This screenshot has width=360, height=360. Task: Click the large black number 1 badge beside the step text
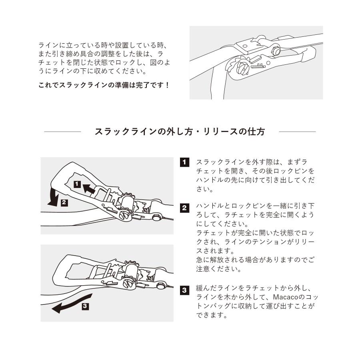[x=184, y=162]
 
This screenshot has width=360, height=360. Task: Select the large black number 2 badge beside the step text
[x=184, y=208]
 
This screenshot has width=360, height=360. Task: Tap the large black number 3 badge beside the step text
[x=184, y=290]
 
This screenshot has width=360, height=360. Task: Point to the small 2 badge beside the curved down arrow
[x=64, y=202]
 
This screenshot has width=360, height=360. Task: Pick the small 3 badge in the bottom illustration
[x=85, y=307]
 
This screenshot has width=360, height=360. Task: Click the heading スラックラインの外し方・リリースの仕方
[x=180, y=132]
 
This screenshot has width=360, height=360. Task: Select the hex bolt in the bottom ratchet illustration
[x=161, y=286]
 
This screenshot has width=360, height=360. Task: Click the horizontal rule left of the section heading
[x=62, y=132]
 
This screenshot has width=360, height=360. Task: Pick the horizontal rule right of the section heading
[x=297, y=132]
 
